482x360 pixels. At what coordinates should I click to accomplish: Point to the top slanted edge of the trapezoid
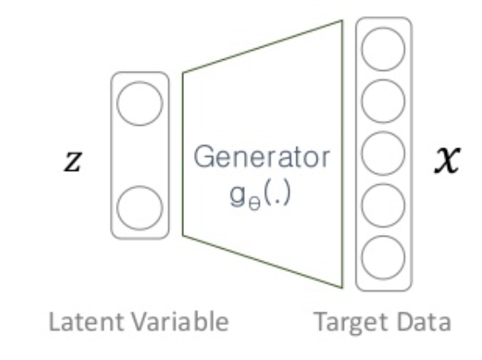click(262, 47)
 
